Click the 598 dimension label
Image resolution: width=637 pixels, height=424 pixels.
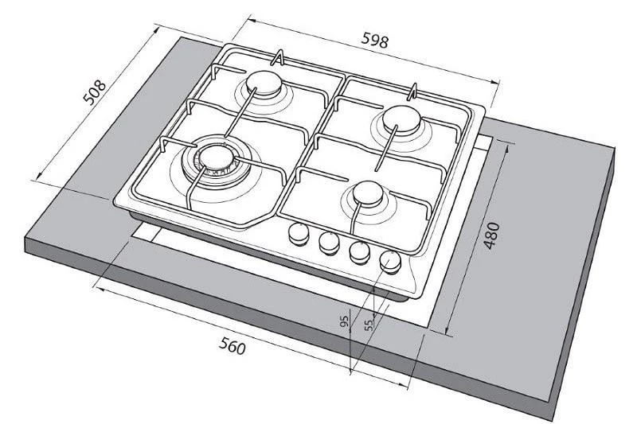point(374,40)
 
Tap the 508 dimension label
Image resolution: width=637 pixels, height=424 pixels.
point(94,92)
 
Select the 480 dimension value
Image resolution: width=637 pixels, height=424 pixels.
point(491,235)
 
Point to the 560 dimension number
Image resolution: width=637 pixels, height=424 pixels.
point(233,346)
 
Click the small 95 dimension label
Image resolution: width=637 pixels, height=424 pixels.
point(345,321)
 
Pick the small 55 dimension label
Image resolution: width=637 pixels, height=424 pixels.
point(369,325)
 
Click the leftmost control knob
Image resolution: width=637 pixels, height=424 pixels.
point(299,234)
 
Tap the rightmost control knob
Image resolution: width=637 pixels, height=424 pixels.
point(390,262)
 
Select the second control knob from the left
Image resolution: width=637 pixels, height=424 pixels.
point(329,243)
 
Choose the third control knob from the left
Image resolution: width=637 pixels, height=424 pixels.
point(360,252)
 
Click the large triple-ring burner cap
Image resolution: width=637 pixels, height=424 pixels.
point(216,158)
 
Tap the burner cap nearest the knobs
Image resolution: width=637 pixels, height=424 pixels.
point(368,193)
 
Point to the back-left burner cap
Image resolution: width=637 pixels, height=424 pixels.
point(264,84)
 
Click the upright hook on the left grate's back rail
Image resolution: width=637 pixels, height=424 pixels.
point(278,58)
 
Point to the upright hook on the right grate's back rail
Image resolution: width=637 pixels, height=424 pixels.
point(413,91)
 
